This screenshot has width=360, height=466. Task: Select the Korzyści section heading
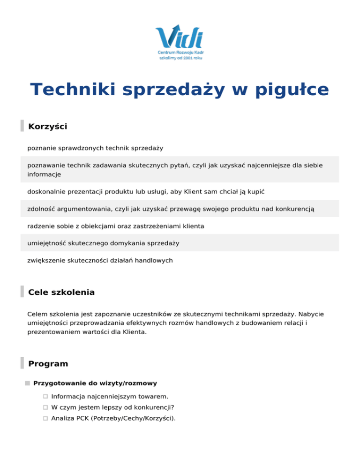[48, 127]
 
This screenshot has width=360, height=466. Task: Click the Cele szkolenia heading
[61, 293]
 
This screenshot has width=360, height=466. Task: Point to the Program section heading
[48, 364]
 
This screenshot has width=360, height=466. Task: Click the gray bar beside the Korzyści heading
[22, 126]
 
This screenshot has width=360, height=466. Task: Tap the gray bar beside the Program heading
[22, 363]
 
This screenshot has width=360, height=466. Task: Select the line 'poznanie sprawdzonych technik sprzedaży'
[95, 148]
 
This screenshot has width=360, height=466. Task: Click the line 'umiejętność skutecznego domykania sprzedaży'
[103, 243]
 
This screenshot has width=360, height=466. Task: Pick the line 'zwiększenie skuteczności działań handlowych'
[100, 260]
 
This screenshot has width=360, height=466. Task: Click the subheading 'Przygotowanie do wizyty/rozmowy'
[95, 383]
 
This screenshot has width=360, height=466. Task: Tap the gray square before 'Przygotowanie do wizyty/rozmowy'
[28, 383]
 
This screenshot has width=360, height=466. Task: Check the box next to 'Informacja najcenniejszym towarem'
[45, 397]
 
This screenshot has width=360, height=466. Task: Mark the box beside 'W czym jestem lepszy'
[45, 407]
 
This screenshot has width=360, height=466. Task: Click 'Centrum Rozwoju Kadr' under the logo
[180, 53]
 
